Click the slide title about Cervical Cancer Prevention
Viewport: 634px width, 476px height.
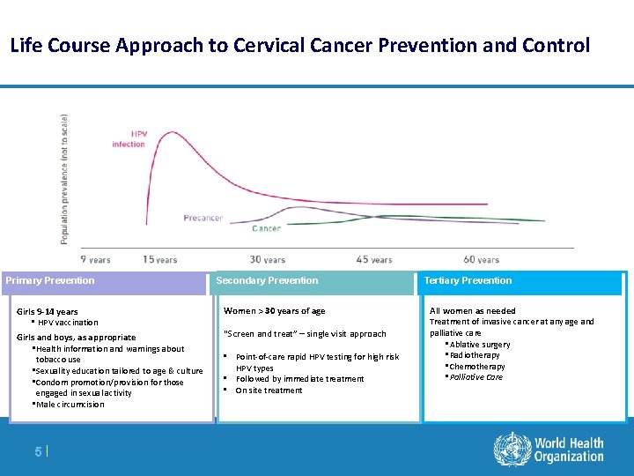299,45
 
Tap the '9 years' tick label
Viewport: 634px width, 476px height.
95,259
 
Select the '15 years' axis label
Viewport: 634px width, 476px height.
160,259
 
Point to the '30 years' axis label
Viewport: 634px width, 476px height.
268,259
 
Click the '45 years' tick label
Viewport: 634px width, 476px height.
374,259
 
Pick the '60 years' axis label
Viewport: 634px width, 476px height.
482,259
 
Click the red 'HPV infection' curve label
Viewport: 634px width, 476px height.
129,138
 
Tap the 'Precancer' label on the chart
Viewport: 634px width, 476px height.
203,218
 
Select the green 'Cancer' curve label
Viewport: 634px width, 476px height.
267,228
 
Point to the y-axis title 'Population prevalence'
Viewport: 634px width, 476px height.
65,179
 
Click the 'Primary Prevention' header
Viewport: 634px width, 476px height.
50,280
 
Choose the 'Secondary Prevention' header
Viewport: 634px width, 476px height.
267,280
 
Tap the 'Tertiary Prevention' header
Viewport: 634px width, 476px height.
468,280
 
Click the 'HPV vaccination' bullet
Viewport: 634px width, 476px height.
67,323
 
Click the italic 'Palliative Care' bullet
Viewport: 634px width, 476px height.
475,377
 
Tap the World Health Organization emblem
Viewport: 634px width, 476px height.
509,449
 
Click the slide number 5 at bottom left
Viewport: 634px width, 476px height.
39,452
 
